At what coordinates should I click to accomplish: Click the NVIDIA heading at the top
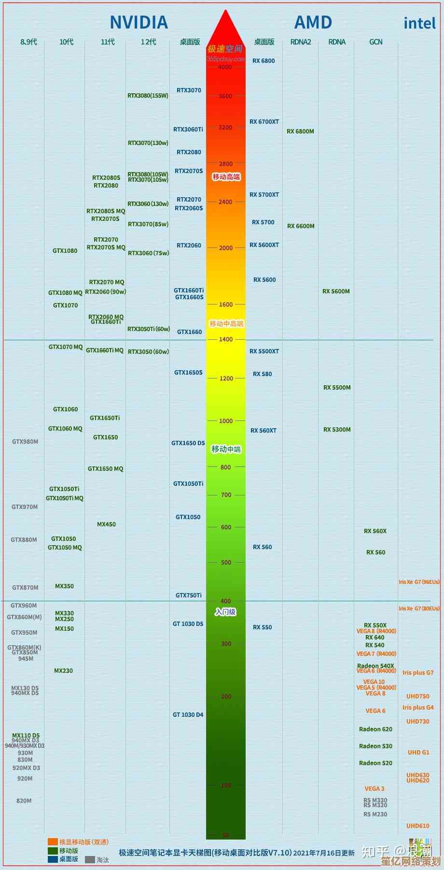[139, 22]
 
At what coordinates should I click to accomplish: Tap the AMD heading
[313, 22]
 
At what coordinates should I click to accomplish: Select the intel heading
[419, 23]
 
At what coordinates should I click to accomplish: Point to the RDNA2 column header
[301, 42]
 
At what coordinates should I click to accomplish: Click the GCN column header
[376, 42]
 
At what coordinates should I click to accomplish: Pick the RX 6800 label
[264, 61]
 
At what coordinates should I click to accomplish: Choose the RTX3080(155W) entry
[148, 96]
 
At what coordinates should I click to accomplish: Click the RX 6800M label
[300, 131]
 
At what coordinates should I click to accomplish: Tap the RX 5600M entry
[336, 291]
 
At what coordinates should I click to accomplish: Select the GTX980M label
[25, 442]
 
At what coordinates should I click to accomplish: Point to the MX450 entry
[106, 524]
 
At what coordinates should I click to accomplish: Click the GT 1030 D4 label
[188, 715]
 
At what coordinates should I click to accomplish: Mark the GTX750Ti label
[189, 595]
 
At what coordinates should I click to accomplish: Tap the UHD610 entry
[418, 826]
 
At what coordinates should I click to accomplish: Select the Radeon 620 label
[375, 729]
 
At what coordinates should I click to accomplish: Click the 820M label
[24, 801]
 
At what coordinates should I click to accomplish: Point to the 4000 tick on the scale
[225, 67]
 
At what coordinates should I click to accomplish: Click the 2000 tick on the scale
[226, 248]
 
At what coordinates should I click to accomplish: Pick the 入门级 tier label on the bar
[225, 612]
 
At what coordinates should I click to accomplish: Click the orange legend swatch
[53, 842]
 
